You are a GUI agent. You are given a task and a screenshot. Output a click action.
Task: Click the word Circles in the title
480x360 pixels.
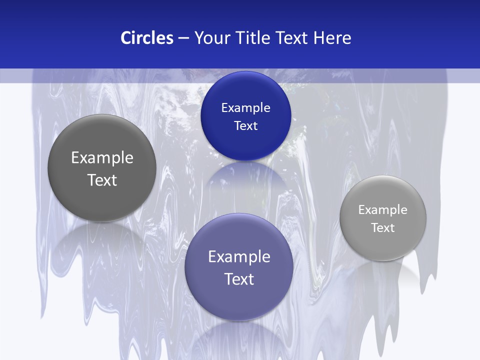pos(147,38)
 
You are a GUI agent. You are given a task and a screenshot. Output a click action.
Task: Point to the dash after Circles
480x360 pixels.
pos(183,38)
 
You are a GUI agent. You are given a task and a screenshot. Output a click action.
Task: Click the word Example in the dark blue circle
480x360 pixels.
pos(245,108)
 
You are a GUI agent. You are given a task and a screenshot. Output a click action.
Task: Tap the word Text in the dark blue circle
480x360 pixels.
pos(245,126)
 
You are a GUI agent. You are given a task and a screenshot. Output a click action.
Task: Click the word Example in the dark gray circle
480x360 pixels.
pos(102,158)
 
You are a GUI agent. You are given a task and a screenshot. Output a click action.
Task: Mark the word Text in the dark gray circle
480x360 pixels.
pos(102,180)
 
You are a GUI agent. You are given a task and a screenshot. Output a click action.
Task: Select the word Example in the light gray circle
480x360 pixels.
pos(383,210)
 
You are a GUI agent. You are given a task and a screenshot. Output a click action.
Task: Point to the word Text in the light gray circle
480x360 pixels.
pos(383,228)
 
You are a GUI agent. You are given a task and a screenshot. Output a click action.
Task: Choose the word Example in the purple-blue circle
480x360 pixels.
pos(239,257)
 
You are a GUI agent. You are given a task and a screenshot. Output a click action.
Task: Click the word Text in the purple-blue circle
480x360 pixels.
pos(239,279)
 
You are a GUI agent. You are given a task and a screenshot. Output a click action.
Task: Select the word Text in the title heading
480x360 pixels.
pos(293,38)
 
